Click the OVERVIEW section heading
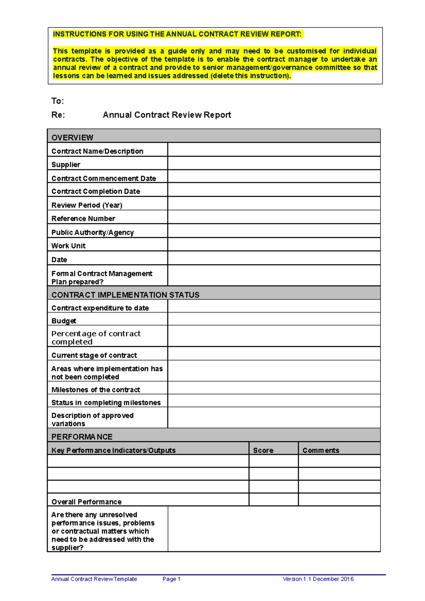(x=72, y=137)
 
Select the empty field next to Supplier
(x=274, y=163)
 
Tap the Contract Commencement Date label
(x=103, y=178)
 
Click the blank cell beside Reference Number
(x=274, y=217)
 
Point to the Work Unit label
(x=68, y=246)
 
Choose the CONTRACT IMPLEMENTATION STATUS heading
(x=125, y=295)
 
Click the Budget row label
(x=64, y=321)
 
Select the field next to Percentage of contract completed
(x=274, y=336)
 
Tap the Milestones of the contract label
(x=96, y=390)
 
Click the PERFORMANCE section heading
(x=82, y=437)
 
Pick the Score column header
(x=263, y=450)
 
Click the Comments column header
(x=321, y=450)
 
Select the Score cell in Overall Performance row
(x=273, y=499)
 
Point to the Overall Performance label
(x=86, y=502)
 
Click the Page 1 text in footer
(x=171, y=579)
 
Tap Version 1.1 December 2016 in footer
(x=318, y=579)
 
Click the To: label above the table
(x=58, y=101)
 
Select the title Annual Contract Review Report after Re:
(x=167, y=115)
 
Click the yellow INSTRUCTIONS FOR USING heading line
(x=177, y=34)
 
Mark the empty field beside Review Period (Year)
(x=274, y=204)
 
